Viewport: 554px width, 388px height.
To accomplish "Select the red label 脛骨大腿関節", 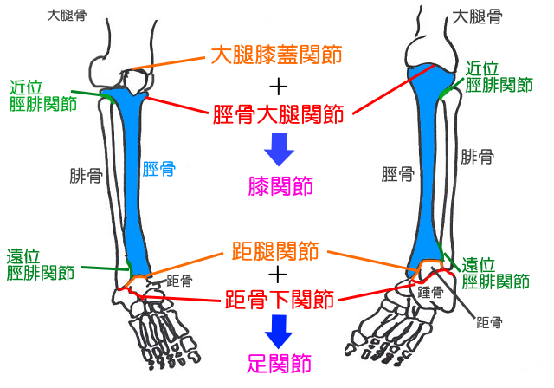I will (x=278, y=113).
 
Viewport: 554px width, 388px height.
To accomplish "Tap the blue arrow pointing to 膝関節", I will (x=279, y=149).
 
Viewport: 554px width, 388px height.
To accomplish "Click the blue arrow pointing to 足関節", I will (x=279, y=329).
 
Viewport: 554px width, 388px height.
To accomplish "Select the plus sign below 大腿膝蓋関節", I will (x=278, y=86).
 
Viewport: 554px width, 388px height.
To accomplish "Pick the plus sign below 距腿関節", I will (x=278, y=276).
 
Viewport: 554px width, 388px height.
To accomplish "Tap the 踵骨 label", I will (x=430, y=293).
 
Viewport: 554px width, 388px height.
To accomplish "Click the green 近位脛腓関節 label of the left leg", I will (x=41, y=96).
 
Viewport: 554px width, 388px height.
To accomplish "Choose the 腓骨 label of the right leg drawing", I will (x=478, y=157).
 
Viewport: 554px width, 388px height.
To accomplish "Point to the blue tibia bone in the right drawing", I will (x=429, y=173).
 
